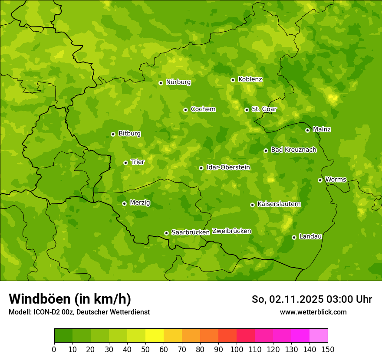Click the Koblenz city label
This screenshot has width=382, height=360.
250,79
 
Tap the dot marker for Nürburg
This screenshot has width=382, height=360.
161,83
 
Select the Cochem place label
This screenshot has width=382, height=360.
203,109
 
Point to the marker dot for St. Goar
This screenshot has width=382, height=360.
247,110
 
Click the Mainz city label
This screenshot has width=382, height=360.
322,130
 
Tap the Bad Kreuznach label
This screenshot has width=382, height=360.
293,150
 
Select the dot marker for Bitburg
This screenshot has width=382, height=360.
113,134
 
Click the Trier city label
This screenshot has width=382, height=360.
138,162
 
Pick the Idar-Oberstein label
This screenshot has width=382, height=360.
228,167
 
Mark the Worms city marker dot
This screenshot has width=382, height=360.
320,180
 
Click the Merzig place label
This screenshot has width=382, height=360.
140,203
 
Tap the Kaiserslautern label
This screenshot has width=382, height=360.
279,204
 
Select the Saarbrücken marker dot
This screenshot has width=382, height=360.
166,233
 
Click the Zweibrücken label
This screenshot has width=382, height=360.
231,231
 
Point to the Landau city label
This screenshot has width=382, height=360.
310,237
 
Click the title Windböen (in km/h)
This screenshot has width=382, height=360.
70,299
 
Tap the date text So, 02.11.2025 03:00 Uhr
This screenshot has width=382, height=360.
312,299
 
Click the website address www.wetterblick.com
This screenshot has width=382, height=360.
313,312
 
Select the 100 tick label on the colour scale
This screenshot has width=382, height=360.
237,349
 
